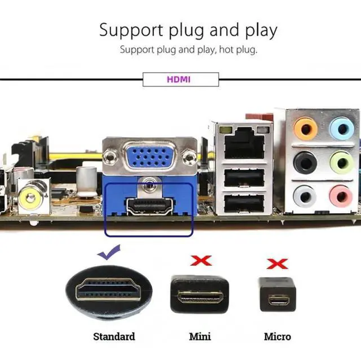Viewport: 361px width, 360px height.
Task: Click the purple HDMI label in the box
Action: point(179,80)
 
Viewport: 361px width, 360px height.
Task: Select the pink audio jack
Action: point(340,196)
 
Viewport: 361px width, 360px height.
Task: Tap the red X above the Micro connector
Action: point(278,263)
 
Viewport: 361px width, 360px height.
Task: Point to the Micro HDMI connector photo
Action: point(278,295)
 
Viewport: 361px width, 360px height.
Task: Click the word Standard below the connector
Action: point(114,337)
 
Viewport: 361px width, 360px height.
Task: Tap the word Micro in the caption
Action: point(278,337)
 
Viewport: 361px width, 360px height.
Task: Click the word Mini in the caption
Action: point(200,337)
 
